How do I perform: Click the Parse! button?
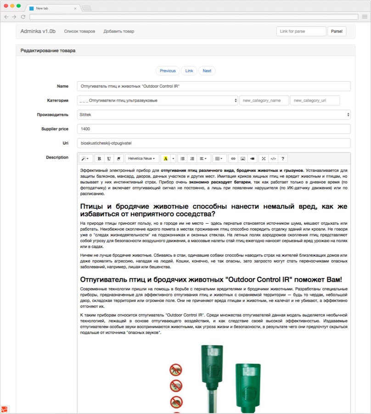(x=337, y=31)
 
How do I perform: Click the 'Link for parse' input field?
(x=301, y=31)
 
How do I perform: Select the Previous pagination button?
(x=168, y=71)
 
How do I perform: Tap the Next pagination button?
(x=207, y=71)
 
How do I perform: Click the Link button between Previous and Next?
(x=189, y=71)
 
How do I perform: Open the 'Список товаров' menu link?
(x=79, y=31)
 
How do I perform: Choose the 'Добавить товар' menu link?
(x=119, y=31)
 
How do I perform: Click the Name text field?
(x=214, y=86)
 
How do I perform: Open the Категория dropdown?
(x=157, y=101)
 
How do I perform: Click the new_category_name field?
(x=264, y=101)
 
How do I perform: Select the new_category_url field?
(x=315, y=101)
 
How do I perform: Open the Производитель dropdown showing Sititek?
(x=214, y=115)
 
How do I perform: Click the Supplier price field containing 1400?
(x=214, y=129)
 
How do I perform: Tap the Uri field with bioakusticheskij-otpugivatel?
(x=214, y=143)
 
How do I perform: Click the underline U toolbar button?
(x=109, y=159)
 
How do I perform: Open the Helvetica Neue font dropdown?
(x=141, y=159)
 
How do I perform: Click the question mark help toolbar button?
(x=283, y=159)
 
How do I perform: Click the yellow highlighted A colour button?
(x=165, y=159)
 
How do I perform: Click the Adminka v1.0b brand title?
(x=38, y=31)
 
